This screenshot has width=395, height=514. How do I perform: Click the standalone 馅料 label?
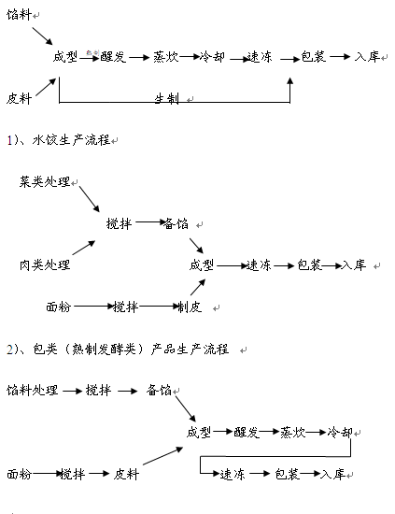point(19,15)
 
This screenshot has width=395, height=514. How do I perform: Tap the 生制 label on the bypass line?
point(167,98)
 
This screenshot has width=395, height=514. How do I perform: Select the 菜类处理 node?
point(45,181)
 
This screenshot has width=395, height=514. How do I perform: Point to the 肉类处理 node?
point(45,264)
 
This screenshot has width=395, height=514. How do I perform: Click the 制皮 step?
point(190,307)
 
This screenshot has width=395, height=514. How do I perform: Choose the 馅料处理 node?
point(32,391)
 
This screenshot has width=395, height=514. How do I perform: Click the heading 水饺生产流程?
point(71,140)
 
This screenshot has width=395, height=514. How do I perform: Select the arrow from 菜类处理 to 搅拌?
point(89,199)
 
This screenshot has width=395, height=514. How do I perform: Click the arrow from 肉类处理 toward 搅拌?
point(84,248)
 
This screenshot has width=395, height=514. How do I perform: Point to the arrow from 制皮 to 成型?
point(198,287)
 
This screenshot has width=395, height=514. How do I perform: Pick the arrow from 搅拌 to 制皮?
point(159,307)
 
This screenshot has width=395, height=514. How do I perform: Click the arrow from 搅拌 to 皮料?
point(99,474)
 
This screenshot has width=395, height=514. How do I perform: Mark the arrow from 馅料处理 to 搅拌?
point(73,391)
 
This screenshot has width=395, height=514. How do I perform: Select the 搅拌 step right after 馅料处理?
point(98,391)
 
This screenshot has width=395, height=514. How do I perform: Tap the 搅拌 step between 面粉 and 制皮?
point(125,307)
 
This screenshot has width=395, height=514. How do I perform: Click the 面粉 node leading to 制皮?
point(58,307)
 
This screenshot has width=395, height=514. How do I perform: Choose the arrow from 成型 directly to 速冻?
point(232,265)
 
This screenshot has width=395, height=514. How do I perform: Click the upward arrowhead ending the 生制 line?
point(289,81)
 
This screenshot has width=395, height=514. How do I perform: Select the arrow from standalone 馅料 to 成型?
point(42,36)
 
